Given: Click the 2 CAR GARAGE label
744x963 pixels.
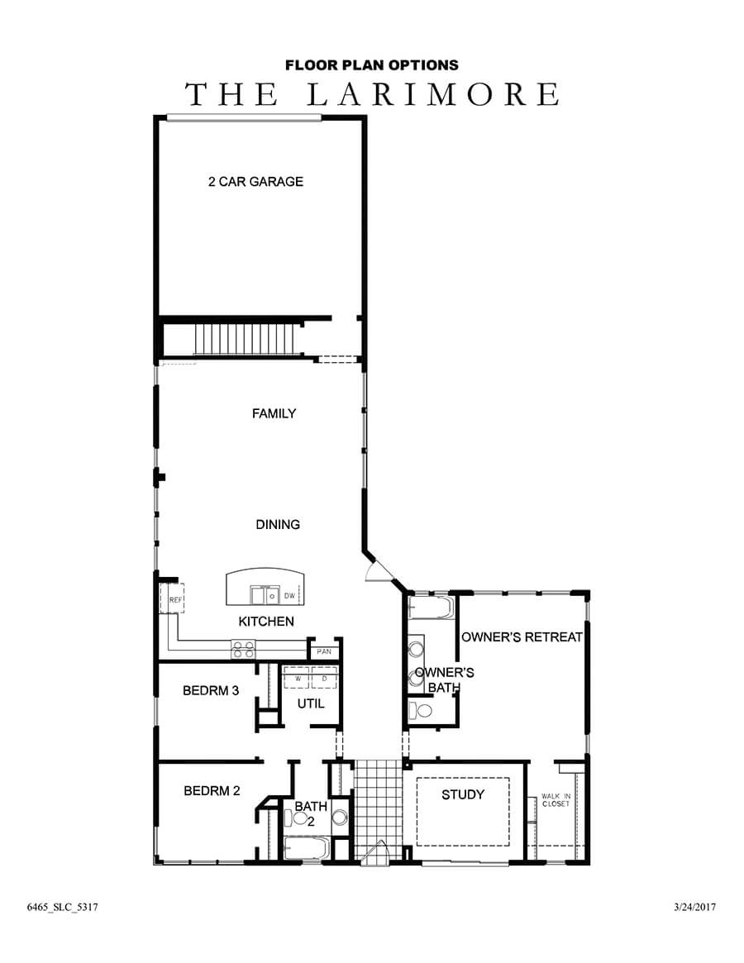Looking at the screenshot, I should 255,182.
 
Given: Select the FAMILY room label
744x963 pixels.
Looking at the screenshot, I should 274,413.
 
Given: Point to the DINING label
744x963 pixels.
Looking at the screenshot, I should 277,524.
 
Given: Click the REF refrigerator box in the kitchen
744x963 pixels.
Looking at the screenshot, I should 175,600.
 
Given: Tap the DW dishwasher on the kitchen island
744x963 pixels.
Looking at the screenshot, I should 289,595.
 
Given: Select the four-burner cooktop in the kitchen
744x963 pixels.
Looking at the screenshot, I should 243,650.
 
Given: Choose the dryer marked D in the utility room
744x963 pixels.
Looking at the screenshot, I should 324,679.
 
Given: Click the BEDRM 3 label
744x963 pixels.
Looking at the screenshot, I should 211,690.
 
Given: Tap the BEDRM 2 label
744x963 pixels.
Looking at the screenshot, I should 212,790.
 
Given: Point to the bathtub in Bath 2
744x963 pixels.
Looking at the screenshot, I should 307,848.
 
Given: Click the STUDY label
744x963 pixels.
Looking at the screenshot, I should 462,795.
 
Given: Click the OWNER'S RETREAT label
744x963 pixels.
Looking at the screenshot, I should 522,637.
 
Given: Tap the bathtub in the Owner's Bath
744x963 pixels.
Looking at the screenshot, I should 431,609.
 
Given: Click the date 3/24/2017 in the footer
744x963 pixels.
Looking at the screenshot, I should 694,907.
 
